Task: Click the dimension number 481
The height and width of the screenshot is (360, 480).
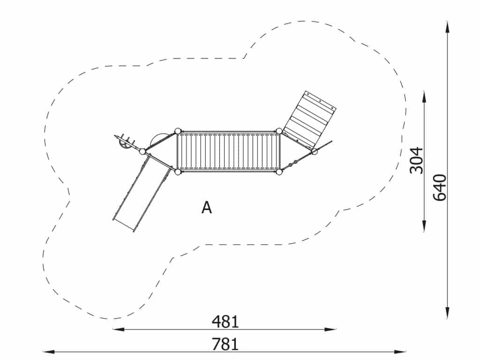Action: pos(225,322)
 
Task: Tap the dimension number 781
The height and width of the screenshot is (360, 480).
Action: pos(225,344)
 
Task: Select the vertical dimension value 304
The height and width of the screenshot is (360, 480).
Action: pos(416,160)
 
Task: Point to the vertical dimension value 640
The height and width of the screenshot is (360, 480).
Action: pos(440,187)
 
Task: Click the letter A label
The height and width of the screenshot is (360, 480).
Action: pos(207,208)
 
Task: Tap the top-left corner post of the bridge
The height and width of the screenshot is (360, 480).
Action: pos(178,131)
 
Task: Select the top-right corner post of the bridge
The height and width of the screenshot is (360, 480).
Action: pos(279,131)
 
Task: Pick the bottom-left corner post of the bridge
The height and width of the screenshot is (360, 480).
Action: pos(178,172)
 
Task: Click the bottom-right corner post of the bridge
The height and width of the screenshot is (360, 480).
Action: pos(279,172)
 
